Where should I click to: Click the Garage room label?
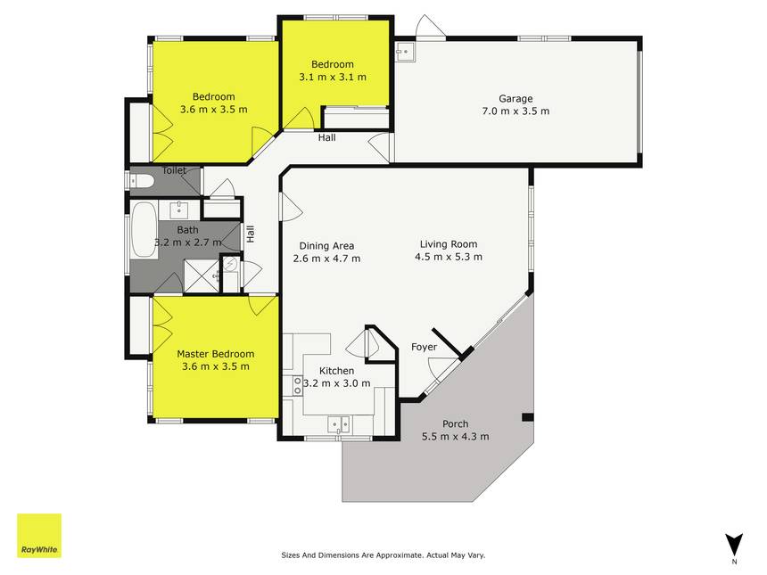click(515, 98)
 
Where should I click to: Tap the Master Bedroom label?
click(216, 354)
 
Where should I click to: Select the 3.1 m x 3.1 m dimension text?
click(333, 77)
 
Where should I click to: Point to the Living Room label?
click(449, 244)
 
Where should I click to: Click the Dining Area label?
click(326, 246)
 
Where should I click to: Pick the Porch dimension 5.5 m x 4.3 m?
click(456, 436)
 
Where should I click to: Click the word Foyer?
click(425, 347)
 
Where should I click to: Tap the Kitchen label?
click(336, 371)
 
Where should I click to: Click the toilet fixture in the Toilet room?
click(142, 181)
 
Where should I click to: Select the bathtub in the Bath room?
click(144, 230)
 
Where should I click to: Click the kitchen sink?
click(339, 424)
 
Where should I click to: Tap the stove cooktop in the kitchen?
click(297, 385)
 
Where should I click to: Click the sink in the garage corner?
click(405, 52)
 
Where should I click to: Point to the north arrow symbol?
click(734, 544)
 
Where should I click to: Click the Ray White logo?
click(39, 536)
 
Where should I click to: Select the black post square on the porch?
click(527, 417)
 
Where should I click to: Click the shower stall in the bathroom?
click(201, 276)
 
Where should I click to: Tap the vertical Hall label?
click(251, 234)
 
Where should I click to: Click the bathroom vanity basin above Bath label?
click(179, 209)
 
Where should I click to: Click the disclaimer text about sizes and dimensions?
click(383, 555)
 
